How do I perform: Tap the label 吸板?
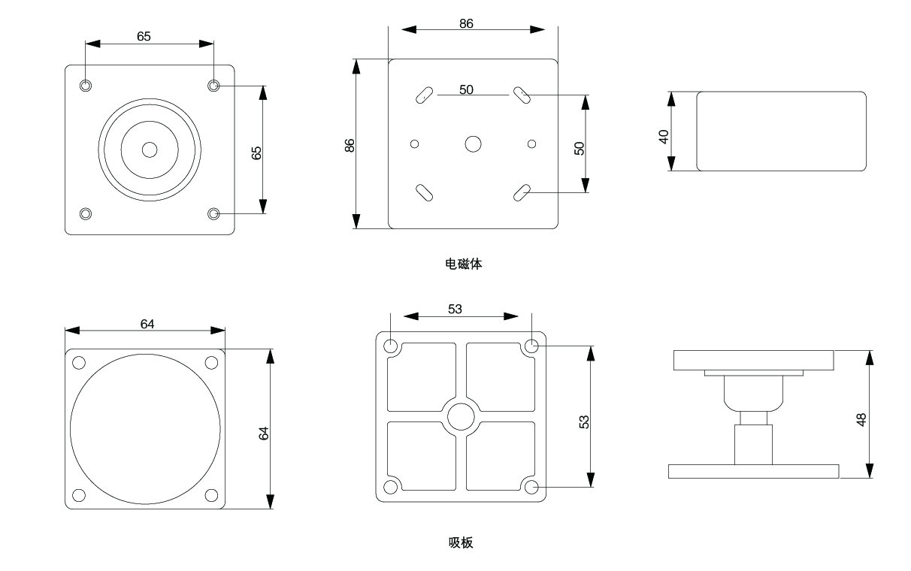pyautogui.click(x=461, y=542)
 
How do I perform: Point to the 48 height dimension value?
pyautogui.click(x=861, y=419)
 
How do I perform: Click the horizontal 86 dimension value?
pyautogui.click(x=466, y=23)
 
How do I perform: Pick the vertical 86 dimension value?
pyautogui.click(x=350, y=146)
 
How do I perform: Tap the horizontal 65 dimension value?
pyautogui.click(x=144, y=36)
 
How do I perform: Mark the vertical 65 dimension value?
pyautogui.click(x=256, y=153)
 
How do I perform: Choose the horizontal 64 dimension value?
pyautogui.click(x=147, y=324)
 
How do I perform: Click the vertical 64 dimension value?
pyautogui.click(x=264, y=433)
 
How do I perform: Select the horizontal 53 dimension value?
pyautogui.click(x=455, y=308)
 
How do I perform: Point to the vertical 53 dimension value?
pyautogui.click(x=584, y=421)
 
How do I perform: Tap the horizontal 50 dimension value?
pyautogui.click(x=466, y=89)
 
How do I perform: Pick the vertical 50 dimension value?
pyautogui.click(x=580, y=148)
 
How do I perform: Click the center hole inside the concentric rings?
pyautogui.click(x=150, y=150)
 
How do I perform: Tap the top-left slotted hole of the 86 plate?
pyautogui.click(x=424, y=95)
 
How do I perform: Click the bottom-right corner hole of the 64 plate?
pyautogui.click(x=211, y=495)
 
